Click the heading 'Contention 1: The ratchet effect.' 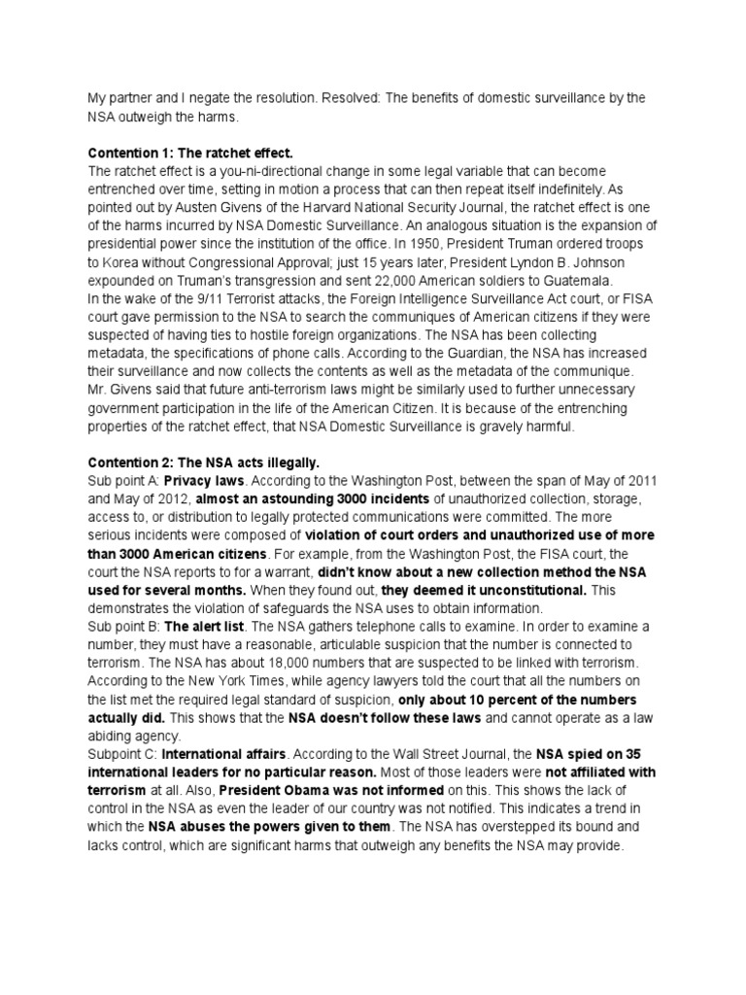[x=190, y=154]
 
